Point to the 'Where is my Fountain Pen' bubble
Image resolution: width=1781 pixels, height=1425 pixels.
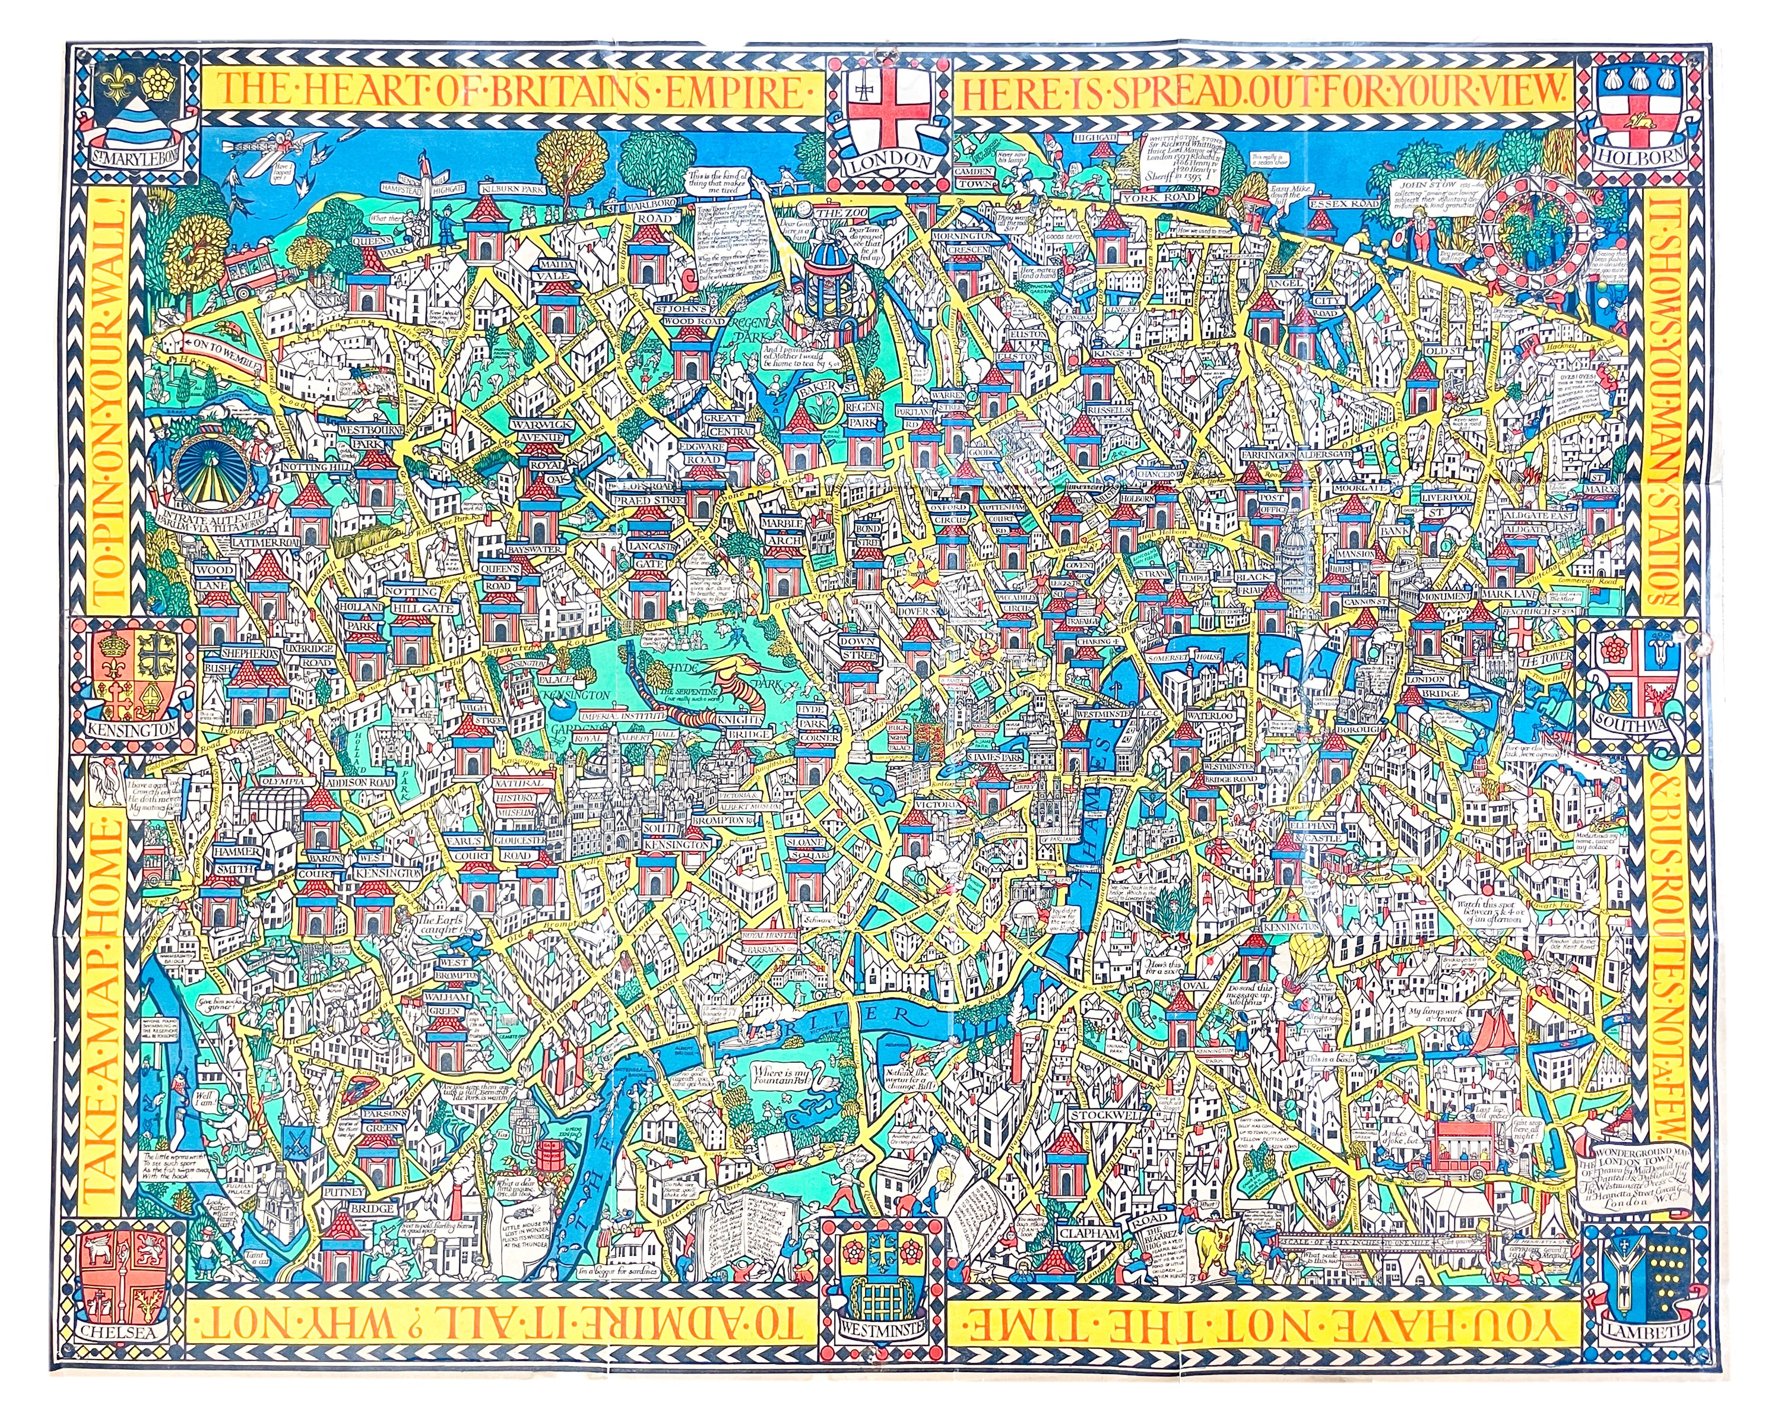[x=787, y=1077]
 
